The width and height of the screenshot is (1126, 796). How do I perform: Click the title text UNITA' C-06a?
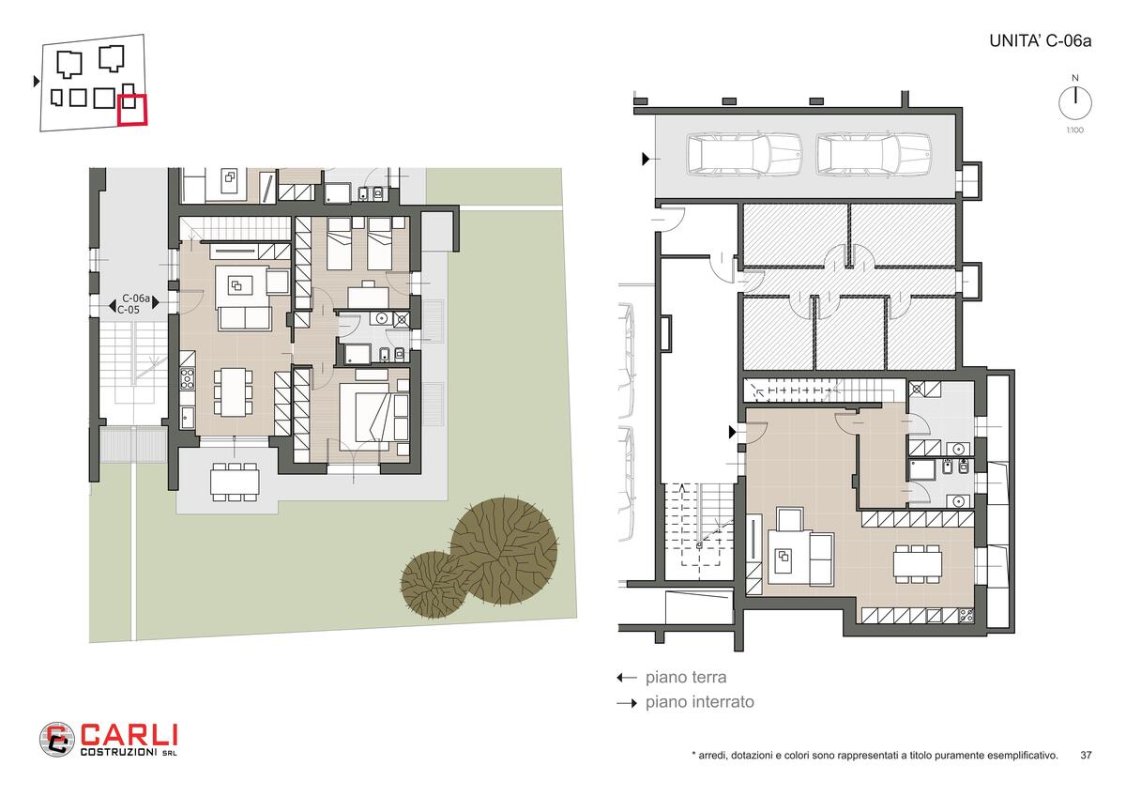click(x=1040, y=40)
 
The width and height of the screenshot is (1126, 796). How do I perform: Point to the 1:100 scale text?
click(x=1075, y=130)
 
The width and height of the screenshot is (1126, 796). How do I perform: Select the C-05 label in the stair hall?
click(x=129, y=310)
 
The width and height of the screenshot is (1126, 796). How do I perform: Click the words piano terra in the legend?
click(x=686, y=678)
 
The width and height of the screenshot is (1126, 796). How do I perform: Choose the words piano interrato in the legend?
click(x=700, y=701)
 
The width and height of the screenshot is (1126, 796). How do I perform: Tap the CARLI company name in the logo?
click(x=129, y=735)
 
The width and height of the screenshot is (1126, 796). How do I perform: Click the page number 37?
click(x=1086, y=755)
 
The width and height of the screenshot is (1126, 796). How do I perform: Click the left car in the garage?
click(x=743, y=154)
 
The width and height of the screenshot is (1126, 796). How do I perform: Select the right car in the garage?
click(x=874, y=154)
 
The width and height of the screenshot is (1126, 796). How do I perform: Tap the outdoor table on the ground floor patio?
click(x=235, y=482)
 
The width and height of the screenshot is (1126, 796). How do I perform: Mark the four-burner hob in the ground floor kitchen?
click(x=187, y=378)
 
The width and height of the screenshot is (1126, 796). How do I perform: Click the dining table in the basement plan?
click(x=917, y=564)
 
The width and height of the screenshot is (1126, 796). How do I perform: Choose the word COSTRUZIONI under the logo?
click(x=118, y=752)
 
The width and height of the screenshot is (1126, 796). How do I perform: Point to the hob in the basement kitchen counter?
click(x=966, y=615)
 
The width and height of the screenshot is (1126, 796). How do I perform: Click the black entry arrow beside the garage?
click(x=646, y=159)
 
